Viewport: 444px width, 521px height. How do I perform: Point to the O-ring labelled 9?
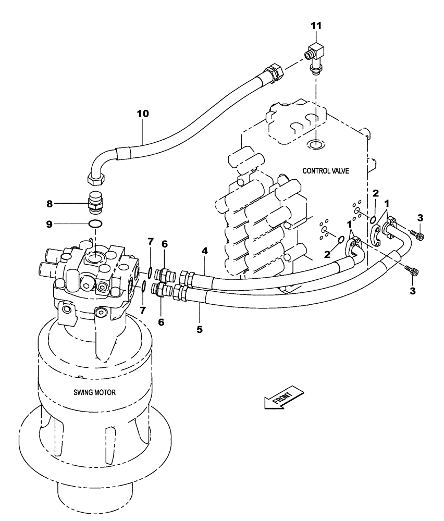(x=94, y=225)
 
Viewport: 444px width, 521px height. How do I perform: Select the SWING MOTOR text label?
(x=95, y=392)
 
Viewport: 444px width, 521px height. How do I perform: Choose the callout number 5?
(x=200, y=329)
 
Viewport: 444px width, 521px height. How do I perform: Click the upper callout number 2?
(x=375, y=194)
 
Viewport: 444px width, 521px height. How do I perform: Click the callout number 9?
(x=50, y=225)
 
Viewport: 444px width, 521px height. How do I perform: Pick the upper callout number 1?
(x=386, y=202)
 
